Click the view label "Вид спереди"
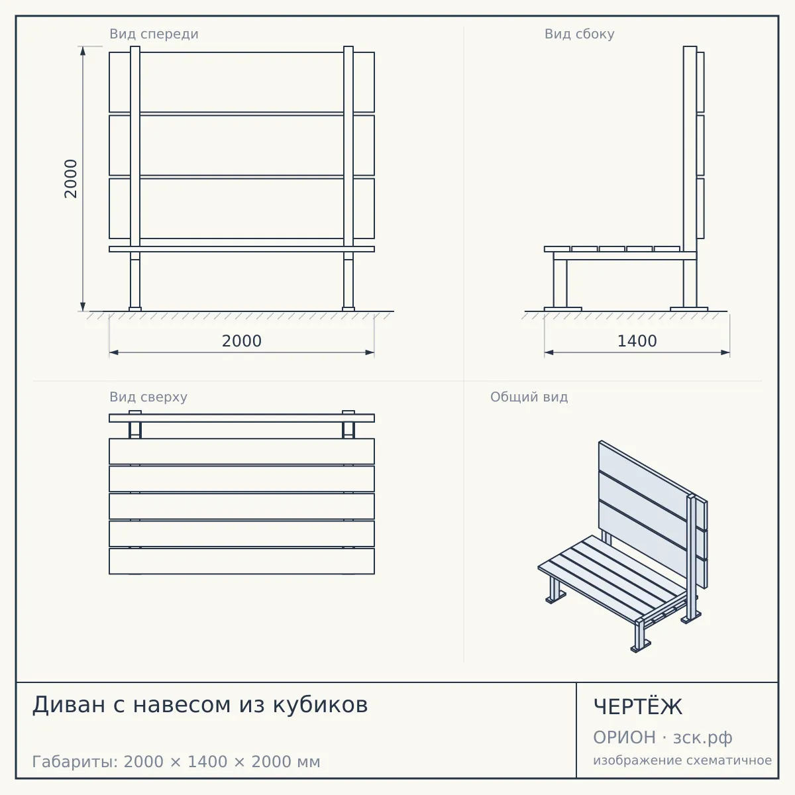pyautogui.click(x=154, y=34)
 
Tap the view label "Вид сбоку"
pyautogui.click(x=579, y=34)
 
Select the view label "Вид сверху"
pyautogui.click(x=148, y=397)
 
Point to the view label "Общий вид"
pyautogui.click(x=529, y=397)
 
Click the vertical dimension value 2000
pyautogui.click(x=71, y=179)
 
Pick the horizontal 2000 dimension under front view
pyautogui.click(x=242, y=341)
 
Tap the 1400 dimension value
pyautogui.click(x=637, y=341)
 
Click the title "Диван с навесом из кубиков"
pyautogui.click(x=200, y=705)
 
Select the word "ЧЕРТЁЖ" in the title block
pyautogui.click(x=638, y=706)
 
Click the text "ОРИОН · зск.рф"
pyautogui.click(x=662, y=738)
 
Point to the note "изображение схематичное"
pyautogui.click(x=682, y=761)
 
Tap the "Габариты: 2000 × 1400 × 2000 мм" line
pyautogui.click(x=176, y=762)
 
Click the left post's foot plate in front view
pyautogui.click(x=135, y=309)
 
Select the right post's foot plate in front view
pyautogui.click(x=348, y=309)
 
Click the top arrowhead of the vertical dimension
pyautogui.click(x=83, y=51)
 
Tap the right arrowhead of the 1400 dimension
pyautogui.click(x=725, y=352)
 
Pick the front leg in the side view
pyautogui.click(x=560, y=284)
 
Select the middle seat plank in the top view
pyautogui.click(x=242, y=506)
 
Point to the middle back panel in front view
pyautogui.click(x=242, y=146)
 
